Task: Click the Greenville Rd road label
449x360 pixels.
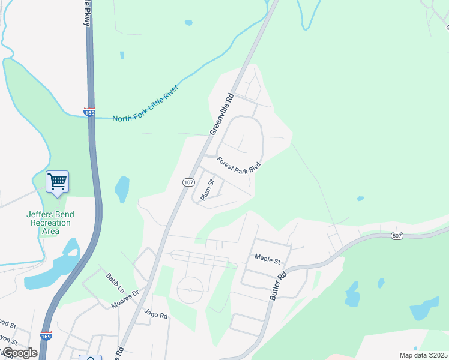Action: [x=220, y=114]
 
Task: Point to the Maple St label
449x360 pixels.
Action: [x=268, y=260]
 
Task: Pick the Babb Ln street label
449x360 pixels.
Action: [x=115, y=283]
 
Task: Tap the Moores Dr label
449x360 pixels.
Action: [x=124, y=298]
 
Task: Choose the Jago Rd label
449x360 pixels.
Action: [x=156, y=314]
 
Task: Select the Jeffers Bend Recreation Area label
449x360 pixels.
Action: [x=49, y=223]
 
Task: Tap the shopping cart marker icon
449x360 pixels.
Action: [x=58, y=181]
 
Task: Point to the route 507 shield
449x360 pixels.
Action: [x=396, y=235]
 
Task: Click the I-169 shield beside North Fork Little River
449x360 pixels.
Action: [x=89, y=112]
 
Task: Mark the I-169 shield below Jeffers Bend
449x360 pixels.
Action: [x=46, y=336]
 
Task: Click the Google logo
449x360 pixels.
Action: [x=20, y=353]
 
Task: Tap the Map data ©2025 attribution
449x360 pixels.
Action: [x=423, y=355]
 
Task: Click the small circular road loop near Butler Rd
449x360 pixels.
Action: [x=190, y=290]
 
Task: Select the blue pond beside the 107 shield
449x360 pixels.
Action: [x=121, y=190]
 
